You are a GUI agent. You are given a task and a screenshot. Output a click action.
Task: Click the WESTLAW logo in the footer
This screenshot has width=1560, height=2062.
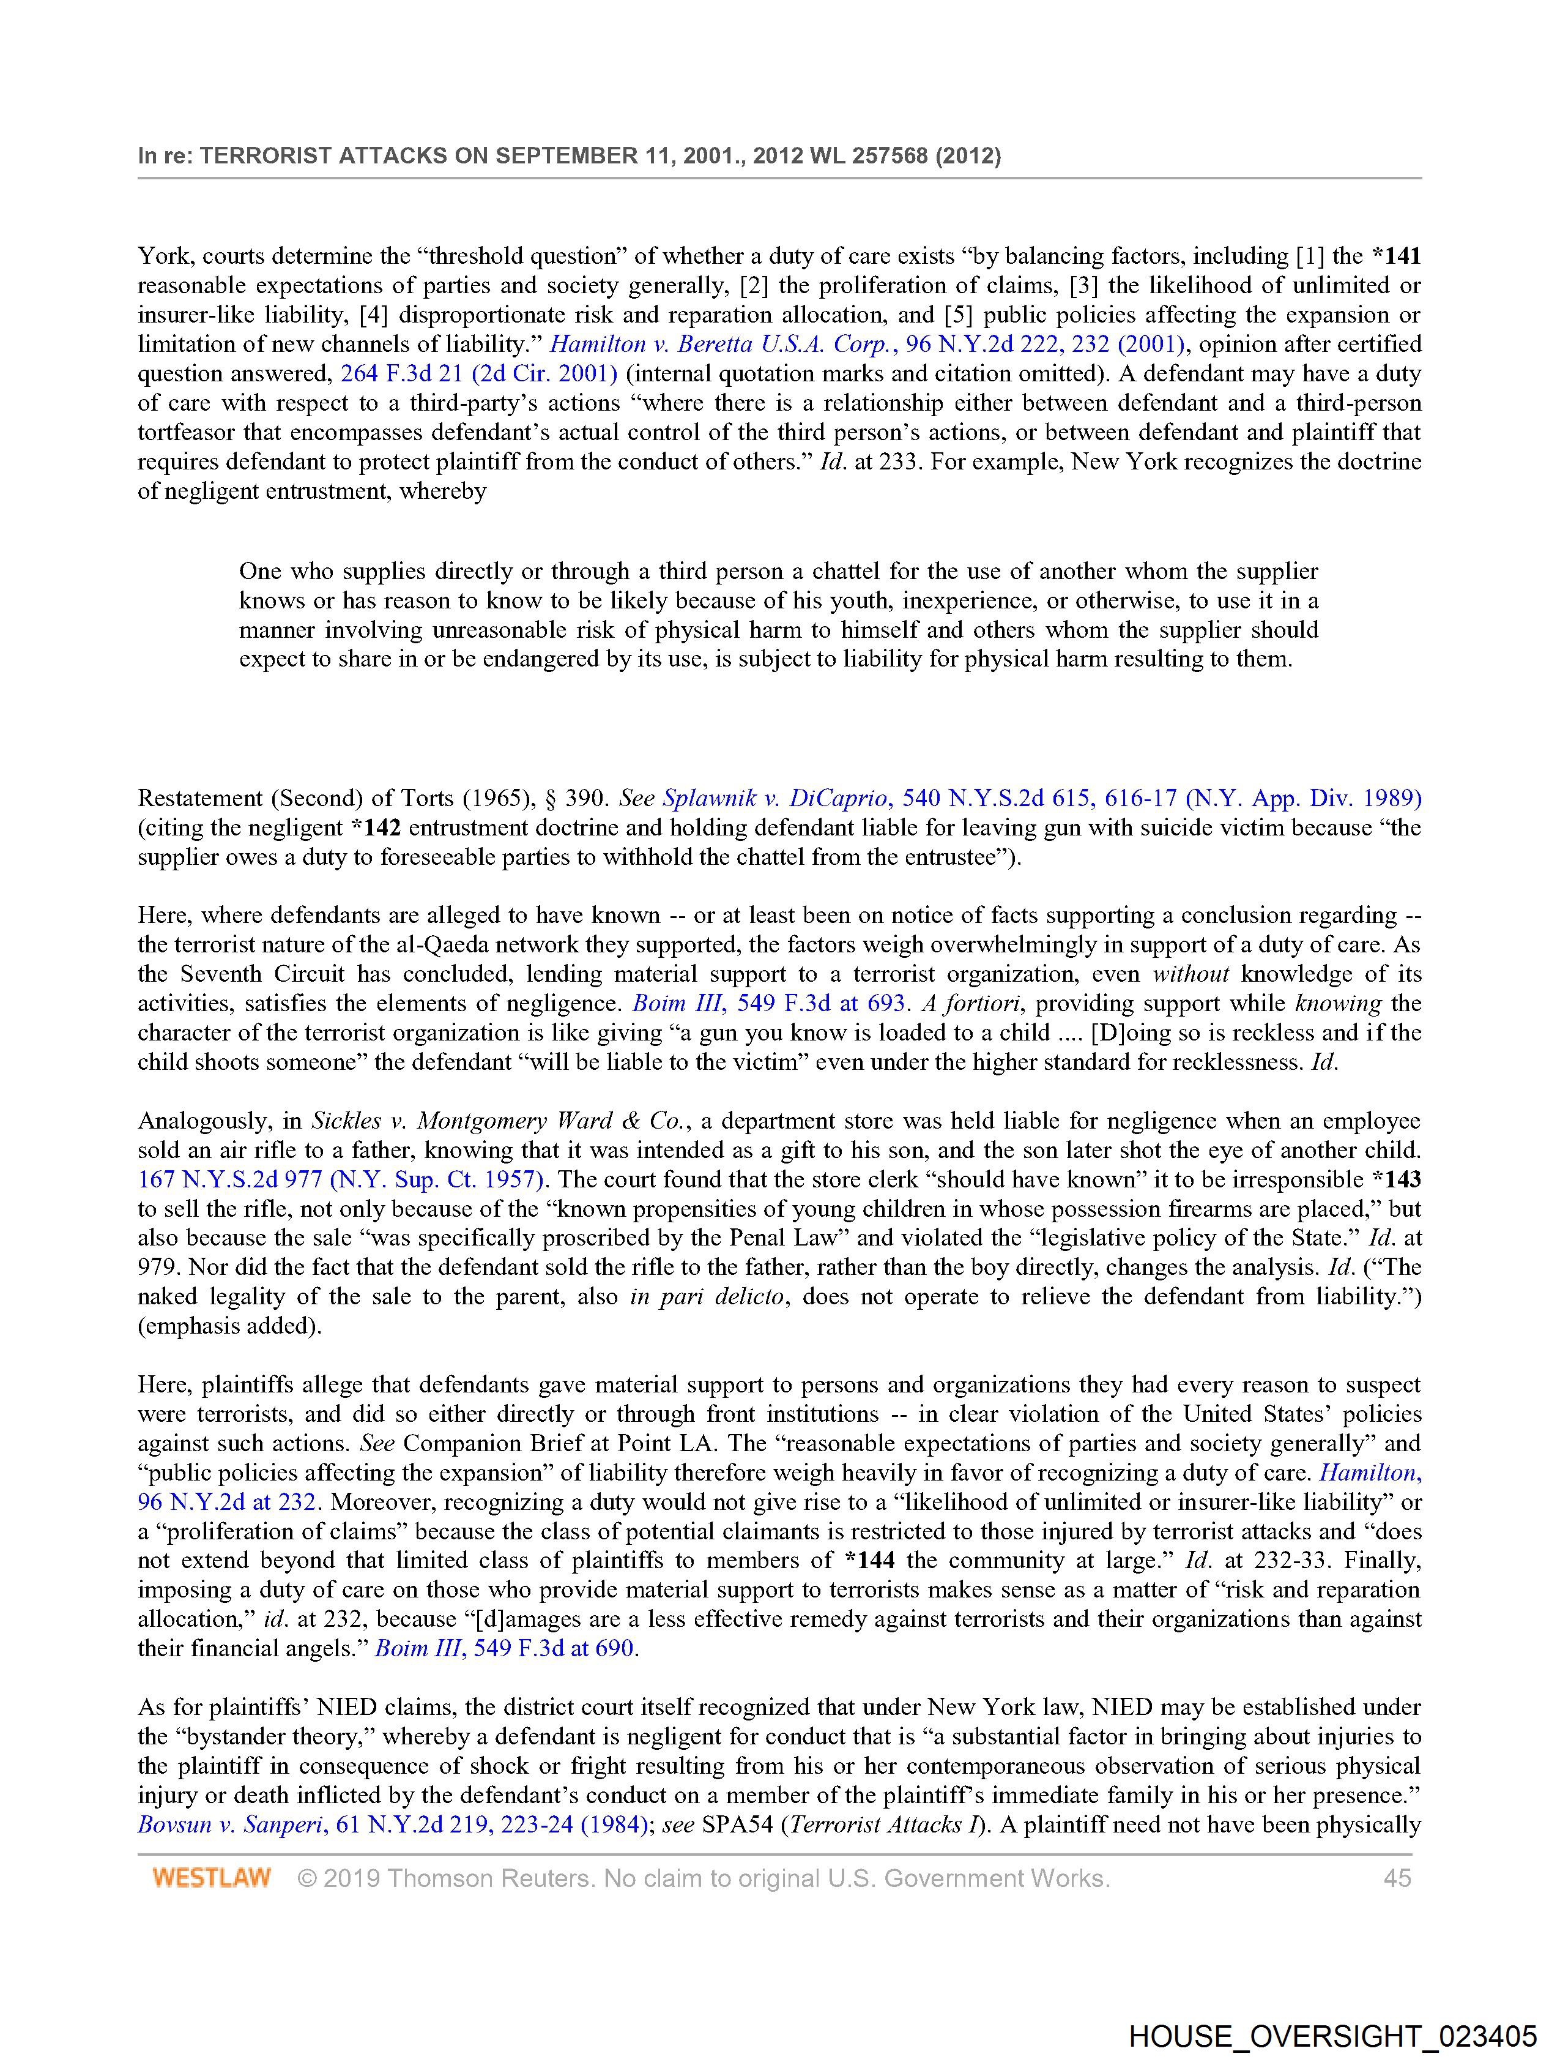[x=212, y=1877]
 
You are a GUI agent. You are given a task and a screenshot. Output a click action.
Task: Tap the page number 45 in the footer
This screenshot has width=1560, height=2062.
[x=1397, y=1877]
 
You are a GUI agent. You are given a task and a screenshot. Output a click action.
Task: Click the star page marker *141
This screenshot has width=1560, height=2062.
[x=1396, y=255]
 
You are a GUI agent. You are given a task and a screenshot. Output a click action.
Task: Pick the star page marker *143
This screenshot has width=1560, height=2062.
[x=1396, y=1179]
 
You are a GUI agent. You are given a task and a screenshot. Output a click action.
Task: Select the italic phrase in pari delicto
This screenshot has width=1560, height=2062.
[x=707, y=1297]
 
